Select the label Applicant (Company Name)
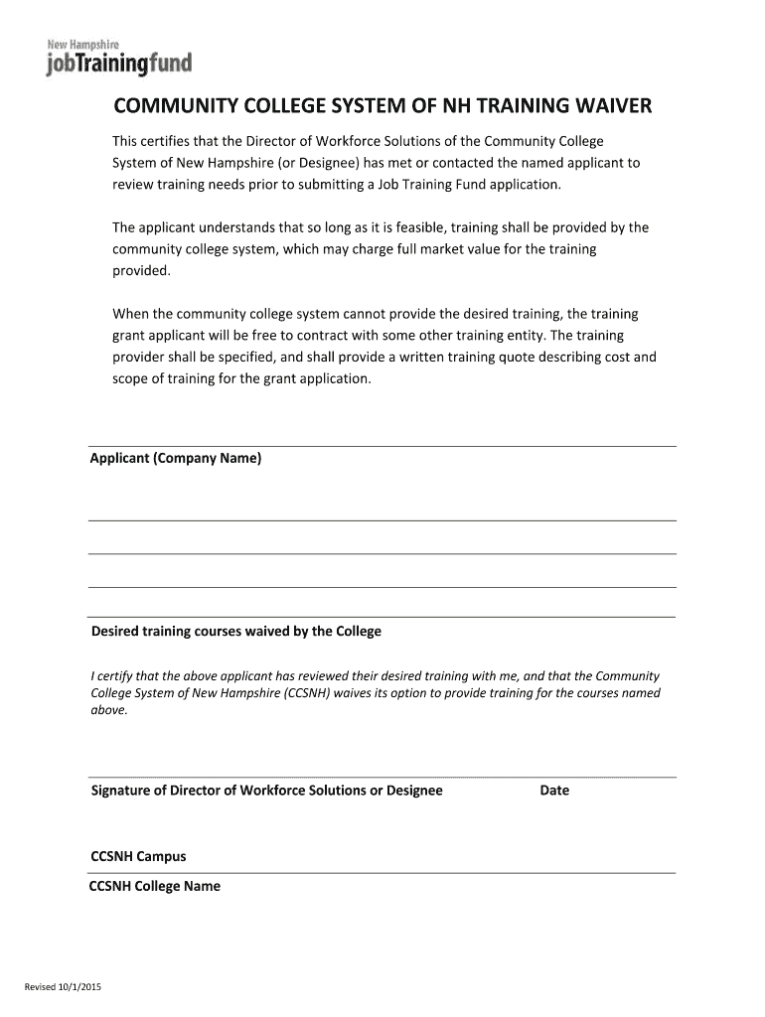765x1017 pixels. [x=176, y=459]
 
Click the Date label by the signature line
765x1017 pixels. [x=554, y=792]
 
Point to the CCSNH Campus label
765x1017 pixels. [x=138, y=856]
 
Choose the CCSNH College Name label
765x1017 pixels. [x=155, y=886]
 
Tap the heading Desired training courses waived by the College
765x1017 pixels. [x=236, y=632]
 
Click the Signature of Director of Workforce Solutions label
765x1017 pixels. [x=267, y=792]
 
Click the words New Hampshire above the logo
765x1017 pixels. [x=91, y=44]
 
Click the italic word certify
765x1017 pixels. [x=117, y=676]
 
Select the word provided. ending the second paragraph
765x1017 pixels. [x=141, y=270]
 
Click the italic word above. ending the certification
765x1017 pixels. [x=109, y=710]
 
